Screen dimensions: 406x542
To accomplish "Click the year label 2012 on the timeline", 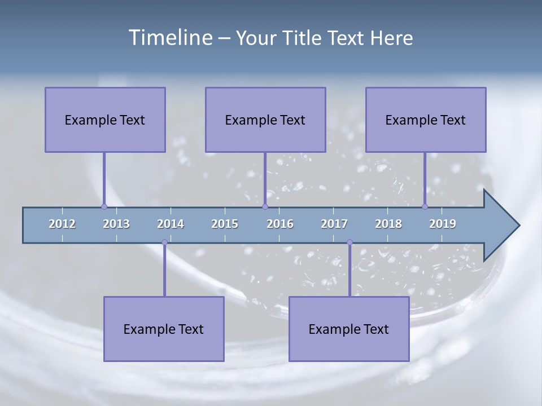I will coord(62,224).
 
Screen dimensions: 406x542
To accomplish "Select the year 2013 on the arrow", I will coord(116,224).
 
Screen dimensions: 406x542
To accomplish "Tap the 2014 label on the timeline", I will coord(171,224).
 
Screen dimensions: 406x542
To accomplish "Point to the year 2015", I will coord(225,224).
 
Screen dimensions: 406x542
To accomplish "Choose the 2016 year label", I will coord(280,224).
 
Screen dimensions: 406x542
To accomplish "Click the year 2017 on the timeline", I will coord(334,224).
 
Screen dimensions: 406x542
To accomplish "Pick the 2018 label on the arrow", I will coord(388,224).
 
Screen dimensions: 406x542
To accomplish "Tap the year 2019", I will coord(443,224).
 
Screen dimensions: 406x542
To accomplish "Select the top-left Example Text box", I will coord(105,120).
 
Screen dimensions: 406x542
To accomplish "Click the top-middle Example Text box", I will coord(265,120).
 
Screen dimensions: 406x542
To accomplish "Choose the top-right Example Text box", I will coord(426,120).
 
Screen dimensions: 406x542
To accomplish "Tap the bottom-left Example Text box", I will coord(164,329).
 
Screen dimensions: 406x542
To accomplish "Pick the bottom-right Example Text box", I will coord(349,329).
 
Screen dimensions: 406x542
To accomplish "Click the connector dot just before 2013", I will coord(104,206).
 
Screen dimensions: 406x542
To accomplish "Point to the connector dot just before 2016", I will coord(265,206).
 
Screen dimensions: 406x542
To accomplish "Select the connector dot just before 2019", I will coord(425,206).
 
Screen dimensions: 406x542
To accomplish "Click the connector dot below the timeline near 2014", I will coord(164,242).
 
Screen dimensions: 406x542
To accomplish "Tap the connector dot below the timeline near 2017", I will coord(349,242).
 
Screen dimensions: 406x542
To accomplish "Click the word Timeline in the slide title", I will coord(169,38).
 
